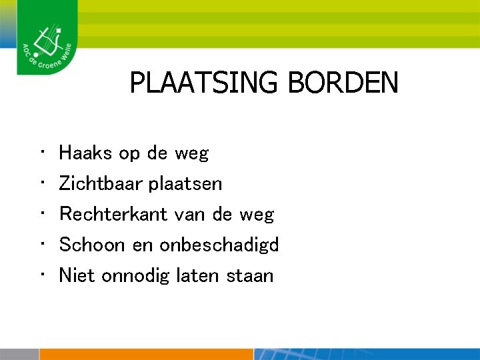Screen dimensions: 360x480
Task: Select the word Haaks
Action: coord(86,153)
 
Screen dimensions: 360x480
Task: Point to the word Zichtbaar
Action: coord(101,183)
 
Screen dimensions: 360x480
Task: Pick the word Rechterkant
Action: coord(114,214)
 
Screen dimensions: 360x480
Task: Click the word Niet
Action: coord(77,275)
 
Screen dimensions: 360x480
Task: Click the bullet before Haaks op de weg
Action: coord(41,153)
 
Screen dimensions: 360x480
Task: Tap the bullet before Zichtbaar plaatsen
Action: coord(41,183)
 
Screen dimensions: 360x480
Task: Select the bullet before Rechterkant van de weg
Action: coord(41,214)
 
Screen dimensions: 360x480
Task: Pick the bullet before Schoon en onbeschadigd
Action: coord(41,245)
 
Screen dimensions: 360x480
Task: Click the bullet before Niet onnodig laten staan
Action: coord(41,275)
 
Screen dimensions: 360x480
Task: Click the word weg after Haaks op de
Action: coord(191,154)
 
